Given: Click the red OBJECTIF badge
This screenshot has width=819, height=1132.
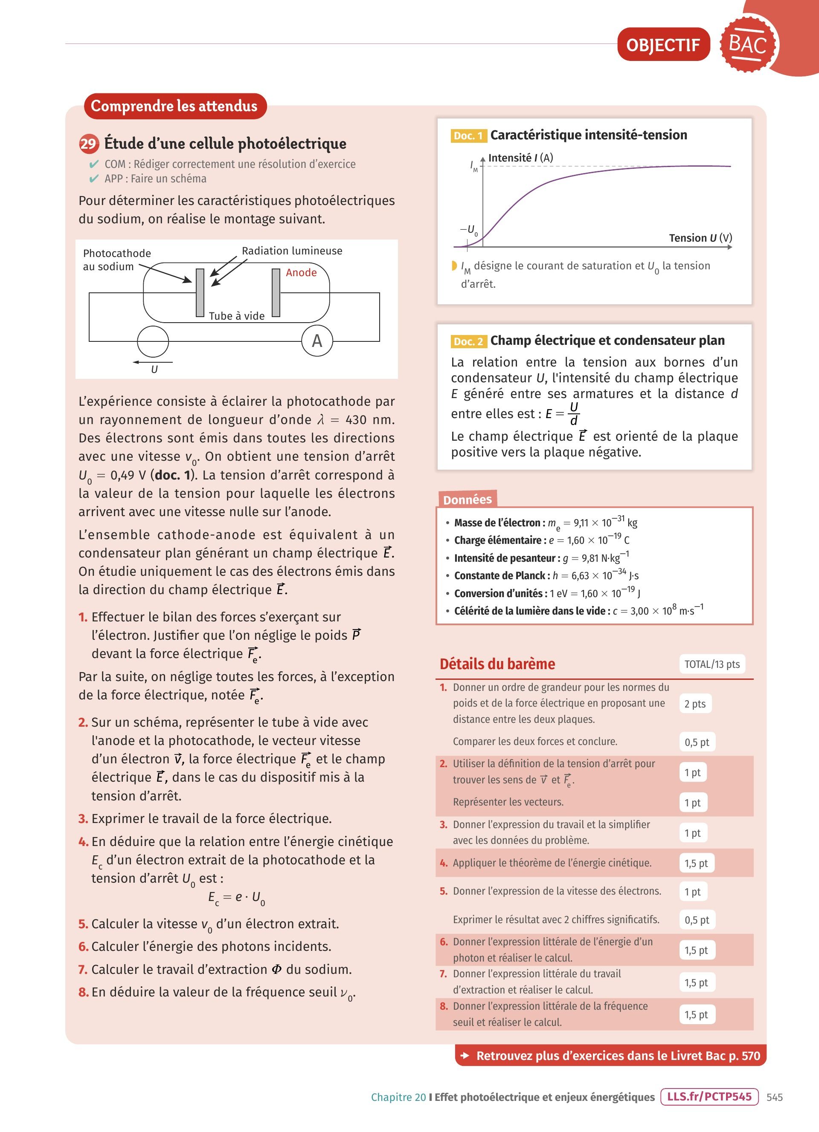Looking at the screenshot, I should coord(663,45).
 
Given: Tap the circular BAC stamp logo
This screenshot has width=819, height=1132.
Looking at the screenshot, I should coord(748,44).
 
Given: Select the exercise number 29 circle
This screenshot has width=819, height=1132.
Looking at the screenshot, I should coord(88,144).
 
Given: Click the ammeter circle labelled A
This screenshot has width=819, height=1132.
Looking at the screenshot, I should coord(317,341).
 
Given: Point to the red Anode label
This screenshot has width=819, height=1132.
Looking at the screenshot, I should coord(301,272).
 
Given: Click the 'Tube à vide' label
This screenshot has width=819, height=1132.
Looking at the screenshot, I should coord(236,316).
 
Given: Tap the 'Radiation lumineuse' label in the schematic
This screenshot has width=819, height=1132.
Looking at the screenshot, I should coord(292,251).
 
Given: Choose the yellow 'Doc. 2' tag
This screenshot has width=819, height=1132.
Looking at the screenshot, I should coord(468,341).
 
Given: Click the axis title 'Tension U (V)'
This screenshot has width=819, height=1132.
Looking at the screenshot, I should coord(700,238).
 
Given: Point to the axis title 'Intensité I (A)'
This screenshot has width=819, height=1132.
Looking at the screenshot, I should coord(520,158).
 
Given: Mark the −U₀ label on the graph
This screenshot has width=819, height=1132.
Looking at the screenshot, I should coord(468,230).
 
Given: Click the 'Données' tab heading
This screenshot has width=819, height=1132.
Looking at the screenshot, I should coord(467,500).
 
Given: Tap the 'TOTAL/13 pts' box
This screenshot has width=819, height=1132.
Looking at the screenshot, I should coord(712,664).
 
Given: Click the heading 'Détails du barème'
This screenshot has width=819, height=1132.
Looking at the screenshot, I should coord(497,664).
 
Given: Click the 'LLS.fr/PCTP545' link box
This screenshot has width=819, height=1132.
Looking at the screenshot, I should coord(709,1097).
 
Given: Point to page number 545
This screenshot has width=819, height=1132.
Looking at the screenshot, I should coord(775,1097).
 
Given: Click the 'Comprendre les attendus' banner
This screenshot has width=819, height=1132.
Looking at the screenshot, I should coord(174,106).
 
